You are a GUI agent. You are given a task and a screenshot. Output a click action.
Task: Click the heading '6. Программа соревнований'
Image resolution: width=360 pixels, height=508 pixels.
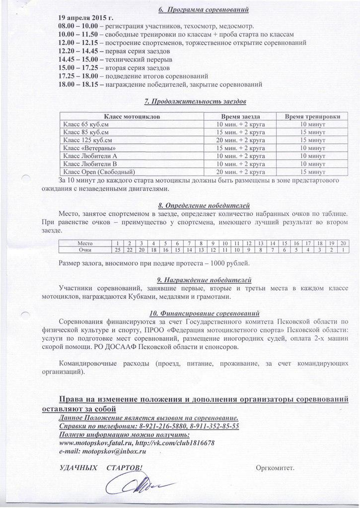click(x=200, y=9)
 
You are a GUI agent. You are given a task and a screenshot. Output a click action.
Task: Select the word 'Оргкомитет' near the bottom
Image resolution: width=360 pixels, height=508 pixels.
click(x=275, y=467)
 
